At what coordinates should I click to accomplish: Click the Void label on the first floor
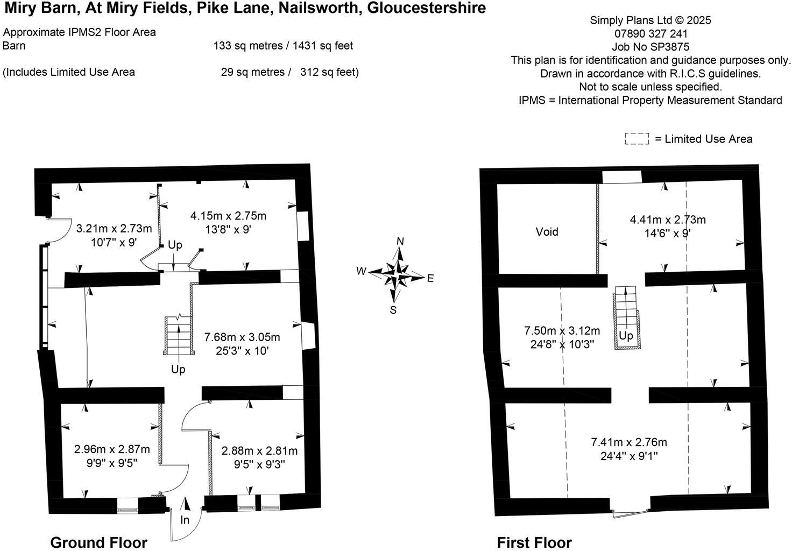pyautogui.click(x=547, y=232)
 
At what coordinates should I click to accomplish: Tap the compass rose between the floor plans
pyautogui.click(x=397, y=274)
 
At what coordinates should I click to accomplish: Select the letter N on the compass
pyautogui.click(x=400, y=242)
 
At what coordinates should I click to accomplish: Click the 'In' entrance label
pyautogui.click(x=185, y=520)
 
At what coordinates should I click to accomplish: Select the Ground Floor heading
pyautogui.click(x=98, y=542)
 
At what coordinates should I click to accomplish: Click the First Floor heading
pyautogui.click(x=534, y=542)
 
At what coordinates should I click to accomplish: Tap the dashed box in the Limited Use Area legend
pyautogui.click(x=637, y=139)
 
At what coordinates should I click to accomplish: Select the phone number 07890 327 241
pyautogui.click(x=650, y=33)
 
